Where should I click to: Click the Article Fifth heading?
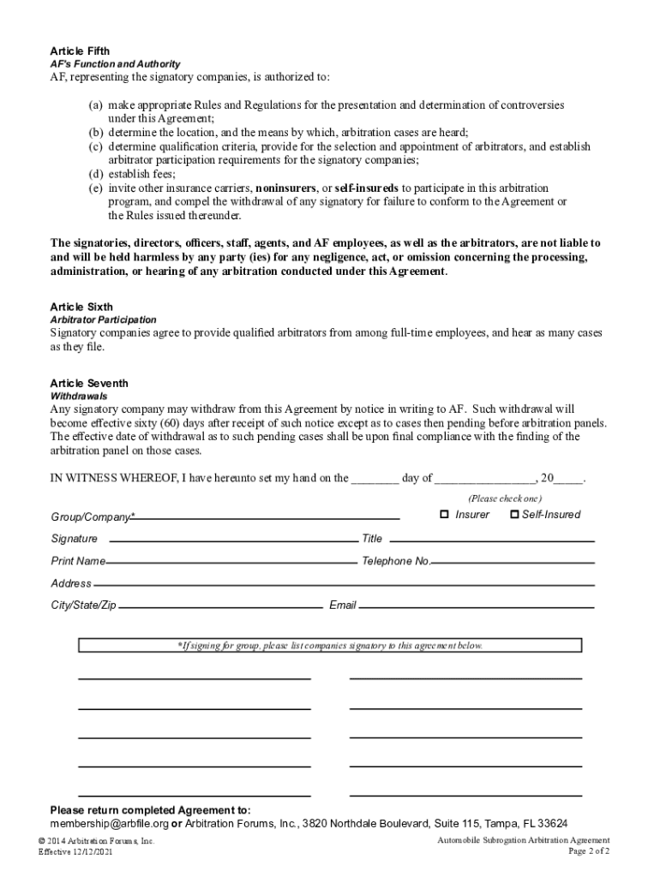(x=80, y=51)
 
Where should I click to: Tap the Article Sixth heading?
(x=81, y=307)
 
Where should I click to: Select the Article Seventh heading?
(x=88, y=384)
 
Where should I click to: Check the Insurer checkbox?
(x=444, y=515)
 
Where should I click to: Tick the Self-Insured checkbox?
(x=514, y=515)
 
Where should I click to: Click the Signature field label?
(x=74, y=539)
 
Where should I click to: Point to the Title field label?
(x=372, y=539)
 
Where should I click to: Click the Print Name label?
(x=78, y=561)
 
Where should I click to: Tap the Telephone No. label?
(x=395, y=561)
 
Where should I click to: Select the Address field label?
(x=71, y=583)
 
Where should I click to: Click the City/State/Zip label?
(x=83, y=606)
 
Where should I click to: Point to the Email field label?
(x=342, y=606)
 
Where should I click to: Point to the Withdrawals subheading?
(x=79, y=397)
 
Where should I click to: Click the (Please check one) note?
(x=505, y=498)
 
